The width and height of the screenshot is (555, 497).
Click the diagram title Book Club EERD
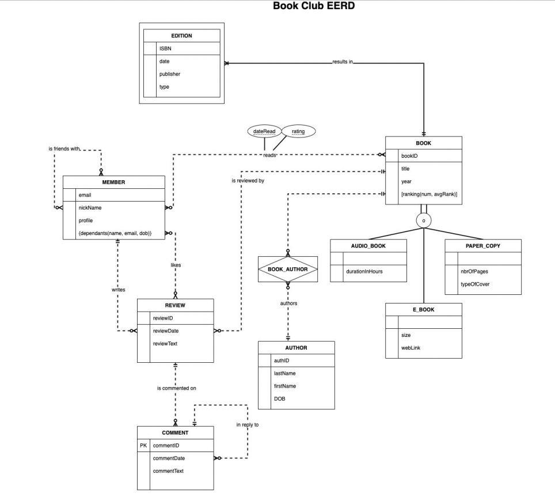point(314,6)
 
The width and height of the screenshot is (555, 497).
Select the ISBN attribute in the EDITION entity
point(165,49)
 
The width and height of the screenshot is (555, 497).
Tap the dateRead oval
point(264,131)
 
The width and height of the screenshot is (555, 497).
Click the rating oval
point(298,131)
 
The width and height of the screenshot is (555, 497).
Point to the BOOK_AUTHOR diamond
point(288,269)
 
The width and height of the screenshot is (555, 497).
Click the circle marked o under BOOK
point(424,221)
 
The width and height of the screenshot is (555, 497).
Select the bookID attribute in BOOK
point(409,156)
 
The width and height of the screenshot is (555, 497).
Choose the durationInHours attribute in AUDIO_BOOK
point(365,271)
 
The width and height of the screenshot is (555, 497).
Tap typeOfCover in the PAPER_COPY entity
point(475,284)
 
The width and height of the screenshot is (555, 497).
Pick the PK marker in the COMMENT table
point(143,446)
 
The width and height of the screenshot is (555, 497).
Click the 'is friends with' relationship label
point(64,149)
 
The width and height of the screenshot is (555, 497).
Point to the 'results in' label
point(342,62)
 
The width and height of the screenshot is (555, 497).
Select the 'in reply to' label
point(248,424)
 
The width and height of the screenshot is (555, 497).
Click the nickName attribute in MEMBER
point(90,208)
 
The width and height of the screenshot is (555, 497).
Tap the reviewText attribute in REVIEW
point(165,344)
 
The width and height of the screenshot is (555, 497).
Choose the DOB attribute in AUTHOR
point(279,399)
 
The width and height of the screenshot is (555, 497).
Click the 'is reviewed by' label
point(248,181)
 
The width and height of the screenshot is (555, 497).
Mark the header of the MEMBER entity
point(113,182)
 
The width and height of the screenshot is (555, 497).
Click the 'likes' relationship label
point(176,265)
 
